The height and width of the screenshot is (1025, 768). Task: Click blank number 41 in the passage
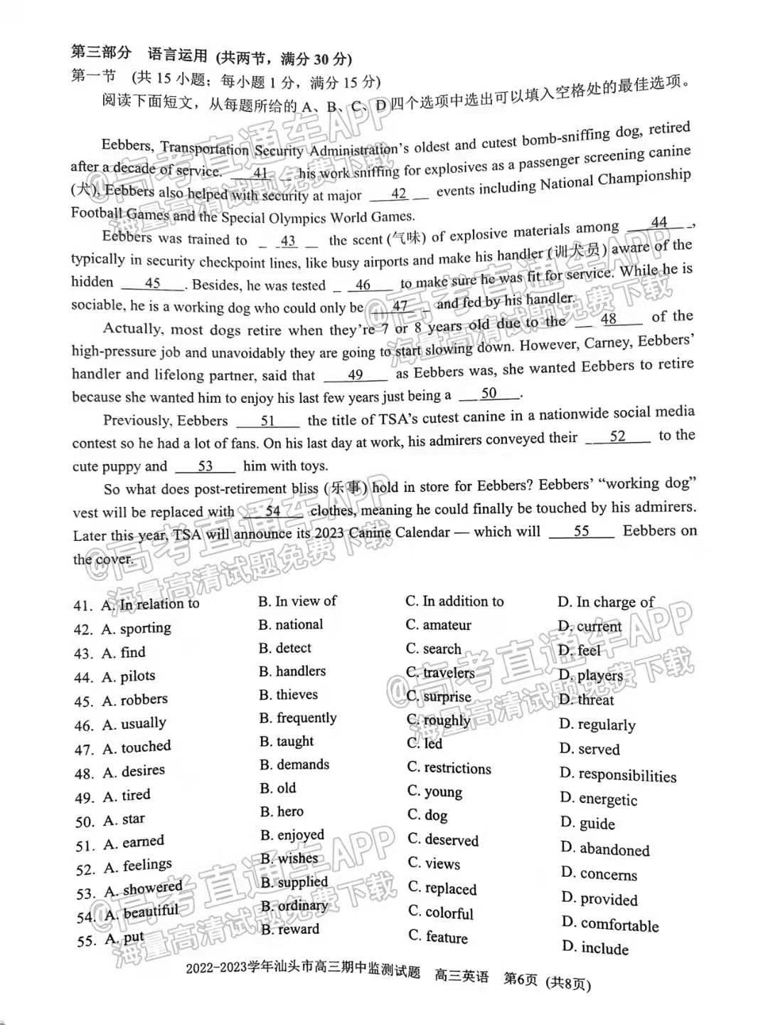click(x=260, y=173)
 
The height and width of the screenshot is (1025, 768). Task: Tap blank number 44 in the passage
click(x=658, y=223)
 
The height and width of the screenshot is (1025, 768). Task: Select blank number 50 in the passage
click(x=489, y=393)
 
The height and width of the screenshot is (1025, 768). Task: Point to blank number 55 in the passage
click(x=582, y=531)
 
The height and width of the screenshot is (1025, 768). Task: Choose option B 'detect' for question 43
click(x=285, y=648)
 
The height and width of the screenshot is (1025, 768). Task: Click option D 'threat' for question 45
click(x=587, y=700)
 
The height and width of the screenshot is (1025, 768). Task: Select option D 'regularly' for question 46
click(x=597, y=725)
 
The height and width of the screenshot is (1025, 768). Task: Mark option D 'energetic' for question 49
click(x=599, y=799)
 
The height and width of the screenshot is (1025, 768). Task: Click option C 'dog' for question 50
click(x=427, y=815)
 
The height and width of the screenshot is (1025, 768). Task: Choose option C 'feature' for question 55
click(x=438, y=937)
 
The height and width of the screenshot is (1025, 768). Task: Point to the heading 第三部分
click(x=101, y=53)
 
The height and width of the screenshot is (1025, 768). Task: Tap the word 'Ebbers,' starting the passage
click(x=127, y=146)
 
